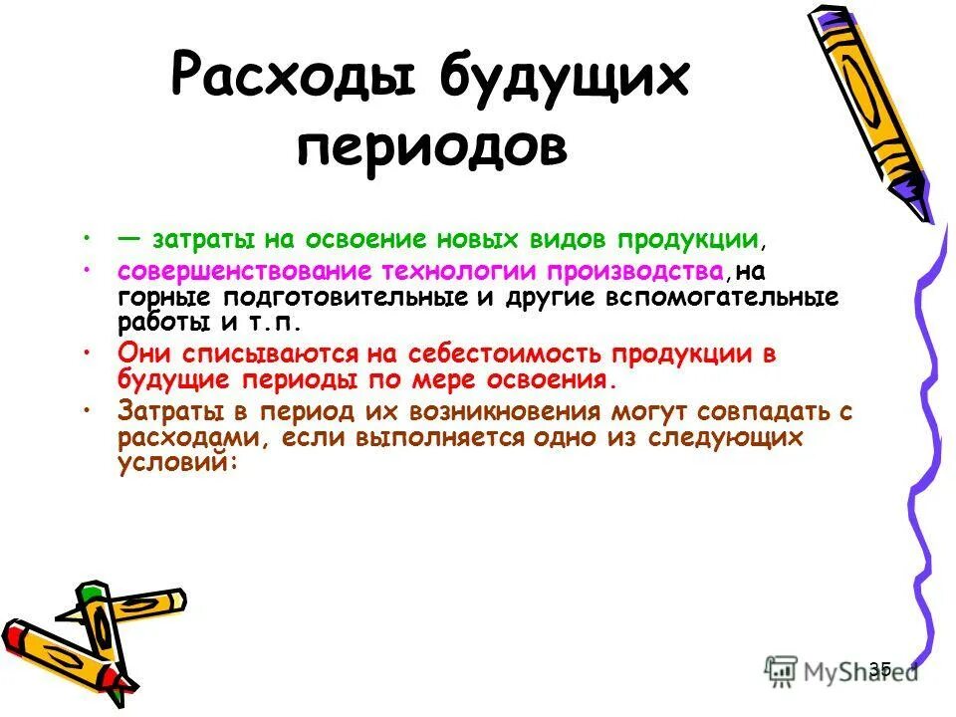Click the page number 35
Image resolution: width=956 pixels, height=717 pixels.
coord(880,669)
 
